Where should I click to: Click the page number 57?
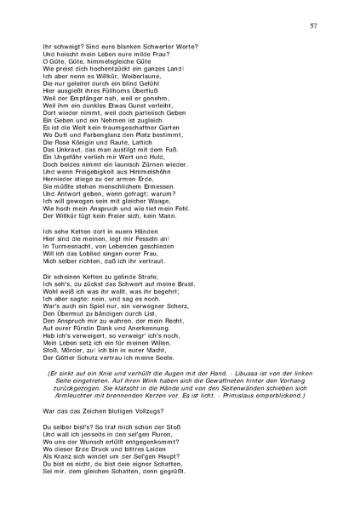click(313, 26)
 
